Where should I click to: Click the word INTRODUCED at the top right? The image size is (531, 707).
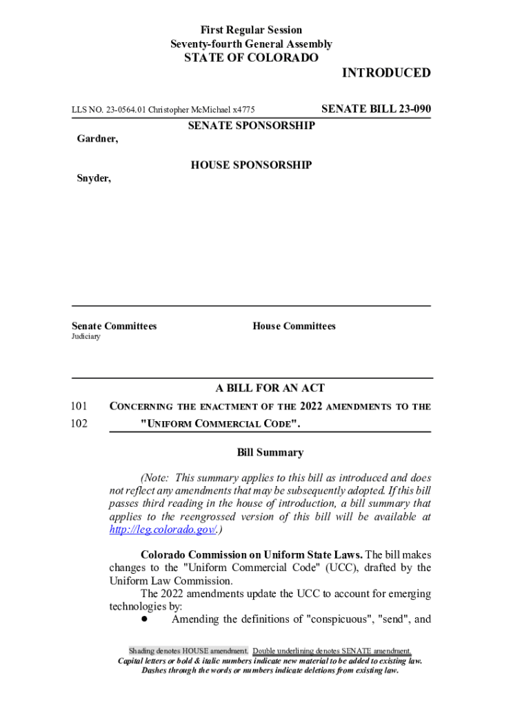tap(386, 73)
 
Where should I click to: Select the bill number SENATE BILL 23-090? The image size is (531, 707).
tap(377, 109)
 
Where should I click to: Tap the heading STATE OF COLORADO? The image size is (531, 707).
tap(251, 58)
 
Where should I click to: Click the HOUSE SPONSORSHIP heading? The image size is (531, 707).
tap(251, 165)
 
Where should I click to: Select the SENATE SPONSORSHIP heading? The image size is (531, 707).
tap(251, 126)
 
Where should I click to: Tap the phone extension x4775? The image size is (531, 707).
tap(243, 110)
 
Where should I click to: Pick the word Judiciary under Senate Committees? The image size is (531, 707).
tap(86, 336)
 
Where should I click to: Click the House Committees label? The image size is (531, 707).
tap(294, 326)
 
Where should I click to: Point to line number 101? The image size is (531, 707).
tap(79, 407)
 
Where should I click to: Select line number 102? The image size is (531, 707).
tap(79, 423)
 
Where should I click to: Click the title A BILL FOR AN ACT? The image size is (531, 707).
tap(270, 388)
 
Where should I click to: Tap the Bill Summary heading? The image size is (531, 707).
tap(270, 453)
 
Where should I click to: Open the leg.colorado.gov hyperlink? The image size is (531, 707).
tap(163, 530)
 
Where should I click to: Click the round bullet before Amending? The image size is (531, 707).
tap(145, 619)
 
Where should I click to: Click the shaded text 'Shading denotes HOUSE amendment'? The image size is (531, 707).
tap(188, 651)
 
